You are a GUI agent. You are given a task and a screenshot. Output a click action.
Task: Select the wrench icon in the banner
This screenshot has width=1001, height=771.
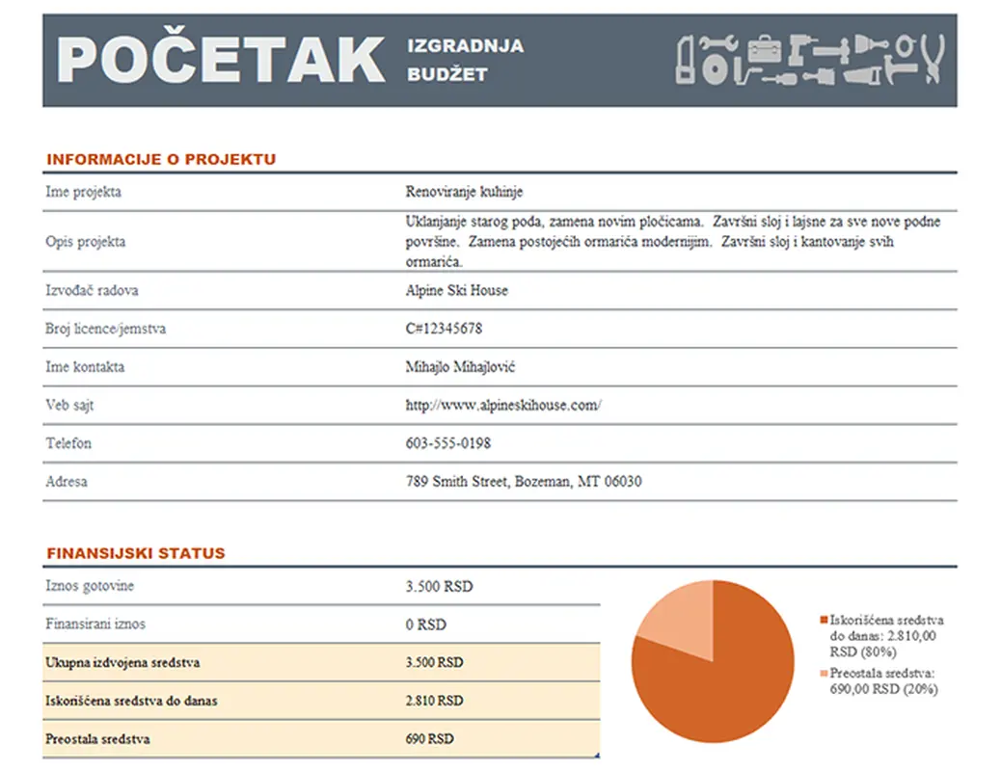[717, 43]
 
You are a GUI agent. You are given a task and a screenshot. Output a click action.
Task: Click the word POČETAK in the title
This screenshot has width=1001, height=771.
[221, 60]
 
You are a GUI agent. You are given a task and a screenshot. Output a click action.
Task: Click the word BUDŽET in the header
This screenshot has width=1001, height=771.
[447, 74]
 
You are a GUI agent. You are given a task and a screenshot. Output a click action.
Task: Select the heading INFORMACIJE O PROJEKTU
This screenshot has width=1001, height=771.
[161, 160]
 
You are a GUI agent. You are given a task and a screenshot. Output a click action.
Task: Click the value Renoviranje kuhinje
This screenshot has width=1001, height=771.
[464, 192]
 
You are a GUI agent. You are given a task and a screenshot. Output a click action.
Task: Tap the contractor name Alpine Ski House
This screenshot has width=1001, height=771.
[457, 290]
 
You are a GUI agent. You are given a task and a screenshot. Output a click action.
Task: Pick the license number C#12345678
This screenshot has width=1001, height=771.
[444, 329]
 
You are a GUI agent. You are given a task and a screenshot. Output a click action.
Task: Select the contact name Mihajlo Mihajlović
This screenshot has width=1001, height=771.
[468, 367]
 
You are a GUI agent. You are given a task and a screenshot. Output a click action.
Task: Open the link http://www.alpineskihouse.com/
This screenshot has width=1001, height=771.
[503, 406]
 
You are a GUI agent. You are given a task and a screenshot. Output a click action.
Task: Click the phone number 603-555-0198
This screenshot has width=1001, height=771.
[447, 444]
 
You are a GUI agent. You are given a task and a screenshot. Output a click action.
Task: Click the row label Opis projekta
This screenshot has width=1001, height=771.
[86, 242]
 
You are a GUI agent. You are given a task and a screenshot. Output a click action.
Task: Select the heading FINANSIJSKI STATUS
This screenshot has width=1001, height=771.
[136, 554]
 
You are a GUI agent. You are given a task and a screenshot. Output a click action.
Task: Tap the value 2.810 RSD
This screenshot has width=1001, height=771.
[434, 701]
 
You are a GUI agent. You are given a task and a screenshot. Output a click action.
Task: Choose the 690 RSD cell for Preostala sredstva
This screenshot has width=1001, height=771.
[429, 739]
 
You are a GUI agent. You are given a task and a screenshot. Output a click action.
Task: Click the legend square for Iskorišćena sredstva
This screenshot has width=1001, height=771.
[823, 620]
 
